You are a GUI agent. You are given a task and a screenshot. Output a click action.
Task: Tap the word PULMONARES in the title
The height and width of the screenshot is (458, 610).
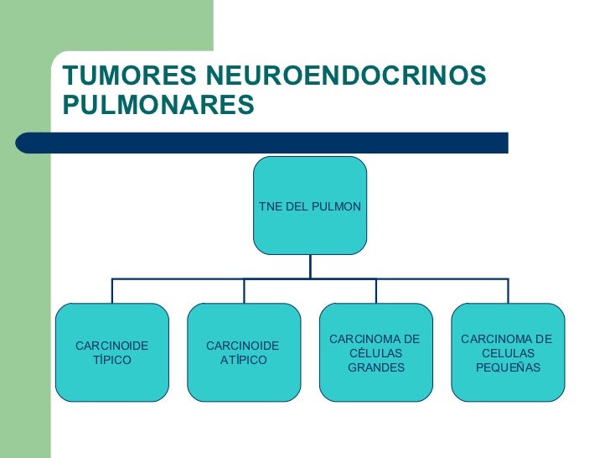point(158,107)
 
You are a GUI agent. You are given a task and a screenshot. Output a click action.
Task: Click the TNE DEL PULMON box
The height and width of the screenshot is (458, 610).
point(310,206)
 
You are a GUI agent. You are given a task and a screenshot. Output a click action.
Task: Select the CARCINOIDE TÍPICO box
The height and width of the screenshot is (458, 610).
point(112,352)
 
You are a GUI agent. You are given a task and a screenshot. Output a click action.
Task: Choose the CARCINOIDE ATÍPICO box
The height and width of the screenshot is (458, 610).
point(244,352)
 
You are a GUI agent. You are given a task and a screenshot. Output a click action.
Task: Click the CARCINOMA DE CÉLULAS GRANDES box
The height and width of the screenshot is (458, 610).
point(376,352)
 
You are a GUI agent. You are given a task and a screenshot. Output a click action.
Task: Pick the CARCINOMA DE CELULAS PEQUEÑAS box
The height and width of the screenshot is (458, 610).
point(508,352)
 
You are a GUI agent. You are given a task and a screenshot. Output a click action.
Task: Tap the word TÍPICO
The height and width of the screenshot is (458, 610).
point(112,360)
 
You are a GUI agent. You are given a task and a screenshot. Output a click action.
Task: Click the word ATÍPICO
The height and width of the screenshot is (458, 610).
point(244,360)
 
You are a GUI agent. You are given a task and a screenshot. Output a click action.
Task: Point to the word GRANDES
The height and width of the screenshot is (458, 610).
point(376,367)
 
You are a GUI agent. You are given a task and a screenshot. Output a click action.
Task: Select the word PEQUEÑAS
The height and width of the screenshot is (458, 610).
point(508,367)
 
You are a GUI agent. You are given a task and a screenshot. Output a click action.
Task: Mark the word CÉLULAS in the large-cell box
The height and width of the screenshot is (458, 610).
point(376,353)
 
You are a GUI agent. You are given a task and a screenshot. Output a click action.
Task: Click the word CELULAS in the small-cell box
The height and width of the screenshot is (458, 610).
point(508,353)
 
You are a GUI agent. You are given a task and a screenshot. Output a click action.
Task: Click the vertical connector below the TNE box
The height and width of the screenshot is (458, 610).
point(310,266)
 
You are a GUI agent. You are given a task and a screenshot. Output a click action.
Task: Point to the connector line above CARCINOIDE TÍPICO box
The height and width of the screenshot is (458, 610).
point(112,290)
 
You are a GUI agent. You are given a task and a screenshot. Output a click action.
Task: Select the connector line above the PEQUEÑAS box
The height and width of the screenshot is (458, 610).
point(508,290)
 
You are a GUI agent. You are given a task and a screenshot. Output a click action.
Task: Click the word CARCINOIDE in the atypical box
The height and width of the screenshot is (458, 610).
point(242,346)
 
